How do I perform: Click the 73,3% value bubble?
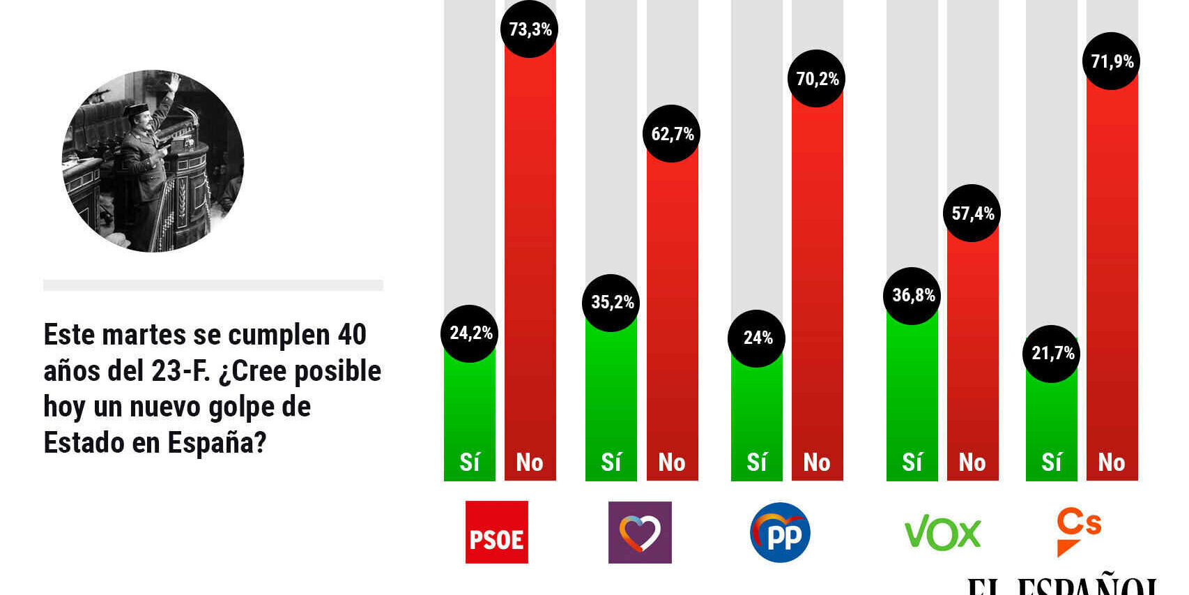tap(530, 29)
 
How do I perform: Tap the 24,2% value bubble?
tap(470, 333)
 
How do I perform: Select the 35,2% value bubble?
tap(611, 303)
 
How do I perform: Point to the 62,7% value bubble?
tap(672, 134)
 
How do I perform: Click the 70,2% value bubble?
tap(817, 79)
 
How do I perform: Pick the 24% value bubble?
tap(757, 338)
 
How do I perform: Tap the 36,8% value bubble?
tap(912, 296)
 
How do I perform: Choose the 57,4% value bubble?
tap(972, 213)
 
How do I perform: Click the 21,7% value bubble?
tap(1052, 354)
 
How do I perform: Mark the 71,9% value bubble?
tap(1112, 61)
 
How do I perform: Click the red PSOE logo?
tap(497, 532)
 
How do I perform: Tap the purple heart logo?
tap(640, 532)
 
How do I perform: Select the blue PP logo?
tap(781, 532)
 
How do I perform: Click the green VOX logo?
tap(942, 534)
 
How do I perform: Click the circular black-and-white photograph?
tap(153, 161)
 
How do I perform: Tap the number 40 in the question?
tap(352, 335)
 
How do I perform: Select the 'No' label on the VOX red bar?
tap(972, 462)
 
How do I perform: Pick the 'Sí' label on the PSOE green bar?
tap(470, 462)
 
